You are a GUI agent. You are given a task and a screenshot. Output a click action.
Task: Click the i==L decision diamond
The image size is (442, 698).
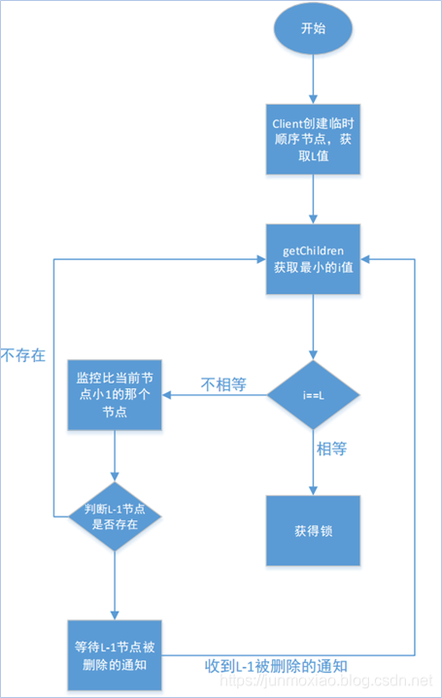coord(313,395)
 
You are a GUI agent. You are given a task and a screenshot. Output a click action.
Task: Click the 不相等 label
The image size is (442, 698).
coord(222,385)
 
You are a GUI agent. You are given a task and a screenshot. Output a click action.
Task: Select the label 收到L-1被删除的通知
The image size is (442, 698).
coord(276,666)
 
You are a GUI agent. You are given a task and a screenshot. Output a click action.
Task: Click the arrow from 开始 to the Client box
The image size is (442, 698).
coord(313,80)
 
